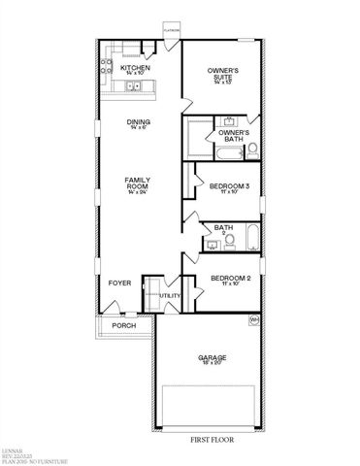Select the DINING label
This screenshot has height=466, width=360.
click(x=139, y=123)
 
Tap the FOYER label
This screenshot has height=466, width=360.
click(x=119, y=283)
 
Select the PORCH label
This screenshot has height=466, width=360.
click(x=124, y=325)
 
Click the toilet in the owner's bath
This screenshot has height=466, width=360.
click(x=250, y=149)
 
